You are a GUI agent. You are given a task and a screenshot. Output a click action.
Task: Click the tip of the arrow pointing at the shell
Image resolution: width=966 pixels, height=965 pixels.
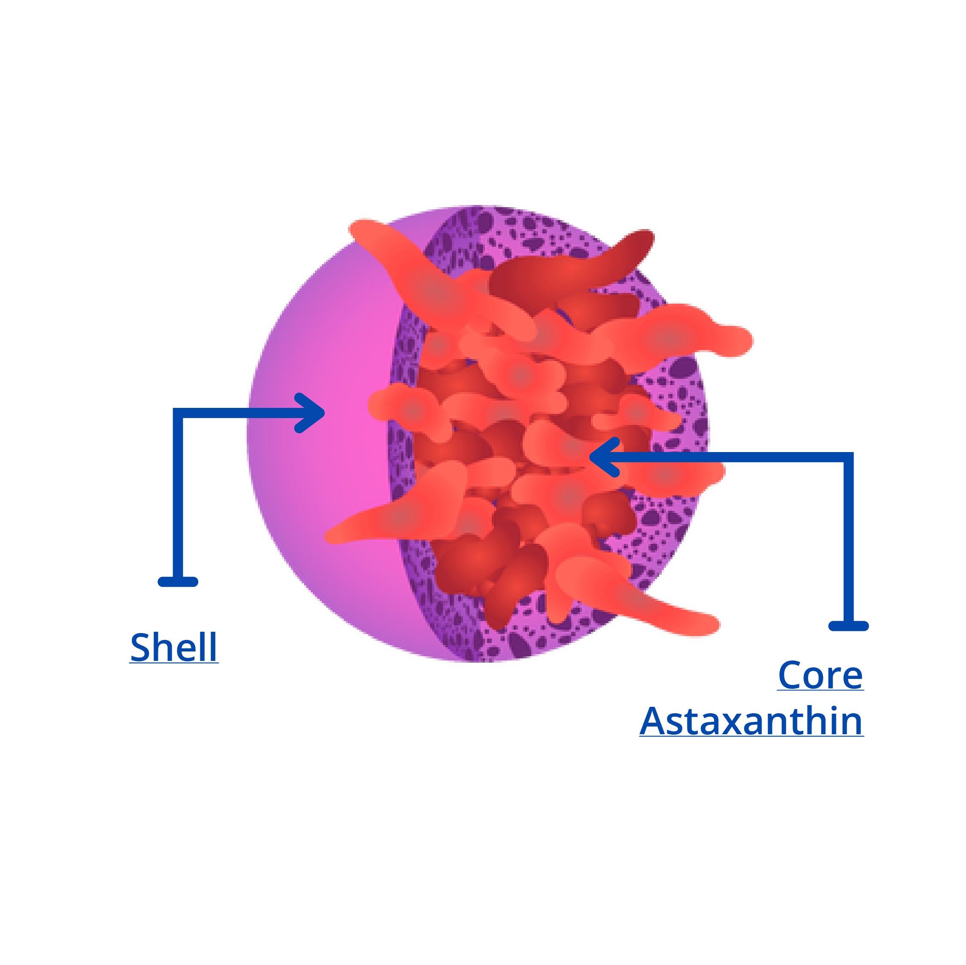[x=324, y=413]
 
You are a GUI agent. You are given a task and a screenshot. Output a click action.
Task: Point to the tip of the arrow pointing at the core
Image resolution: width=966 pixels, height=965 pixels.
[x=590, y=457]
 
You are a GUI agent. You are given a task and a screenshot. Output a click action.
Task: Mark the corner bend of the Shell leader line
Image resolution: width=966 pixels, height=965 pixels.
[x=178, y=413]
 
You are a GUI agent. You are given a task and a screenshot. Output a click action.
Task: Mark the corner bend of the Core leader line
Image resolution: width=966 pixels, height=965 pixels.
[x=848, y=457]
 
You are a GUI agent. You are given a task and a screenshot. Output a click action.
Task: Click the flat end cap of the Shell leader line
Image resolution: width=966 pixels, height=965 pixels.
[x=178, y=582]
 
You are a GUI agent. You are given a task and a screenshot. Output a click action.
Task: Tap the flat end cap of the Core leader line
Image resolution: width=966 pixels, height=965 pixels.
[x=848, y=626]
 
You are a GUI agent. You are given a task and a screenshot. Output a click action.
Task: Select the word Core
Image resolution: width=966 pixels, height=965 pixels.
[x=821, y=675]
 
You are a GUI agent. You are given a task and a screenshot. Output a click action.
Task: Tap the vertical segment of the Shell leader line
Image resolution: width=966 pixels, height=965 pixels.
[x=178, y=497]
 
